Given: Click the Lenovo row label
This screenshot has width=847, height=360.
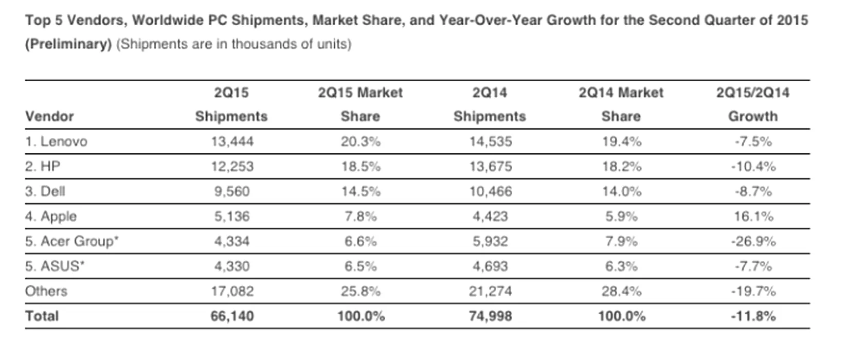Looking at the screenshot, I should [x=56, y=141].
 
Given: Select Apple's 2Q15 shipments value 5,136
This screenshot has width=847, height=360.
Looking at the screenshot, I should [x=231, y=217].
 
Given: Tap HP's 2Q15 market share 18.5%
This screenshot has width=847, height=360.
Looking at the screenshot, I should [x=361, y=167].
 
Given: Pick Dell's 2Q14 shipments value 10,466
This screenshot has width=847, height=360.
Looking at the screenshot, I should [x=490, y=192].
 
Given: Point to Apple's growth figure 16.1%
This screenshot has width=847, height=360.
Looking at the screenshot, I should [x=753, y=217].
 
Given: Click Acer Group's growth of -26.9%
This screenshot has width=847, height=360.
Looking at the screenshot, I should [x=753, y=241].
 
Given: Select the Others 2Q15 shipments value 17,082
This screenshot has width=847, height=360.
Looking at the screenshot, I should [x=232, y=291].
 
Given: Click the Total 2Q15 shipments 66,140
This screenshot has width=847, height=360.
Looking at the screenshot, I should [x=232, y=316].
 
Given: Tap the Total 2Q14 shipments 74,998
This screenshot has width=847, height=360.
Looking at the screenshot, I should [x=490, y=316].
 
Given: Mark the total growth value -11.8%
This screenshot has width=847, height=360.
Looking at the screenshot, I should [x=753, y=316].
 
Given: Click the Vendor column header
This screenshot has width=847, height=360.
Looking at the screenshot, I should [x=49, y=116].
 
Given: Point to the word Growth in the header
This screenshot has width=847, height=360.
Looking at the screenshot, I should [x=753, y=116].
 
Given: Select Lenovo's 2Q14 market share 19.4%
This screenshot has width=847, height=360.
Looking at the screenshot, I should [x=621, y=141].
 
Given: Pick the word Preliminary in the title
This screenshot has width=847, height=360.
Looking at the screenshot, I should [x=68, y=44].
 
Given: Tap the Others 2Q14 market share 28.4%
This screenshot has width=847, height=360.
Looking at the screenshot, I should [x=621, y=291].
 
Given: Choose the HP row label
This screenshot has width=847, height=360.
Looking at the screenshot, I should [x=43, y=167].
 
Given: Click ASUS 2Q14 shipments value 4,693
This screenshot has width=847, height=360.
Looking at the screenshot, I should [x=490, y=266].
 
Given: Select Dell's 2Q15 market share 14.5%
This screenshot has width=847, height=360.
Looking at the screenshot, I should [x=361, y=192].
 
